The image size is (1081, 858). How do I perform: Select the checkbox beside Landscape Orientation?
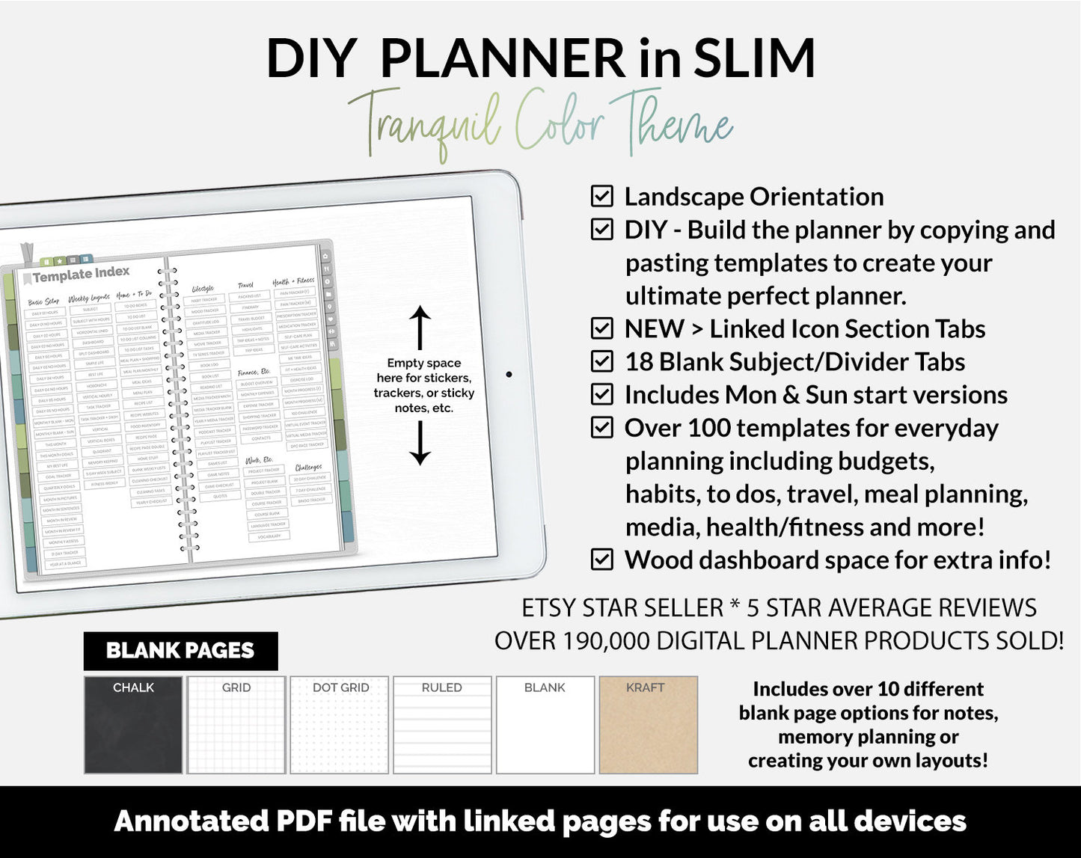[602, 196]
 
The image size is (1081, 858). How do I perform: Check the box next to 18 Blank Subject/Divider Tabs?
[602, 361]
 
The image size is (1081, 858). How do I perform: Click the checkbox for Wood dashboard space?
[602, 560]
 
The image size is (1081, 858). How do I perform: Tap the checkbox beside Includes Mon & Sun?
[602, 394]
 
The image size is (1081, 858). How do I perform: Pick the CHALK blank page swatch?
[133, 725]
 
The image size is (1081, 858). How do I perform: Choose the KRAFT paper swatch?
[648, 725]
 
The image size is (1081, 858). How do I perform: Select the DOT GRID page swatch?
[340, 725]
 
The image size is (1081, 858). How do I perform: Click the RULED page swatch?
[442, 725]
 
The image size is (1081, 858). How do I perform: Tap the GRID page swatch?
[236, 725]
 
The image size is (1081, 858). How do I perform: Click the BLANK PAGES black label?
[180, 651]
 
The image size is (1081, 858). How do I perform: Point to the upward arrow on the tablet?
[420, 328]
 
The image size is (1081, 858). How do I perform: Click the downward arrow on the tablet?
[420, 443]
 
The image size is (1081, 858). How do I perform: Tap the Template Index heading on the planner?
[81, 275]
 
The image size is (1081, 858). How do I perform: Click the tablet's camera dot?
[509, 374]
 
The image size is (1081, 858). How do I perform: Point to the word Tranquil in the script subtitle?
[425, 123]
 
